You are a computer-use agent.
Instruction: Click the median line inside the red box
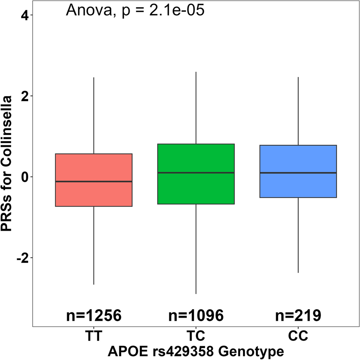pyautogui.click(x=94, y=182)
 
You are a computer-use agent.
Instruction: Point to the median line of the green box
pyautogui.click(x=196, y=173)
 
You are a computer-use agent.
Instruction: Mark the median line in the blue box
pyautogui.click(x=298, y=173)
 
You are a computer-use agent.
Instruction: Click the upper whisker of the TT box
pyautogui.click(x=94, y=114)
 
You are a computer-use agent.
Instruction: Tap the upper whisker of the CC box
pyautogui.click(x=298, y=111)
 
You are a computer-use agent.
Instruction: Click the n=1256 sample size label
pyautogui.click(x=94, y=315)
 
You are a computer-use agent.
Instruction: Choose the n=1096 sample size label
pyautogui.click(x=196, y=315)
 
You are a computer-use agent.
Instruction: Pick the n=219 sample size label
pyautogui.click(x=298, y=315)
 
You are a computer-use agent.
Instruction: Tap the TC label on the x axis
pyautogui.click(x=196, y=336)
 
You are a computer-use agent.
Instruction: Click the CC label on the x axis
pyautogui.click(x=298, y=336)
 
